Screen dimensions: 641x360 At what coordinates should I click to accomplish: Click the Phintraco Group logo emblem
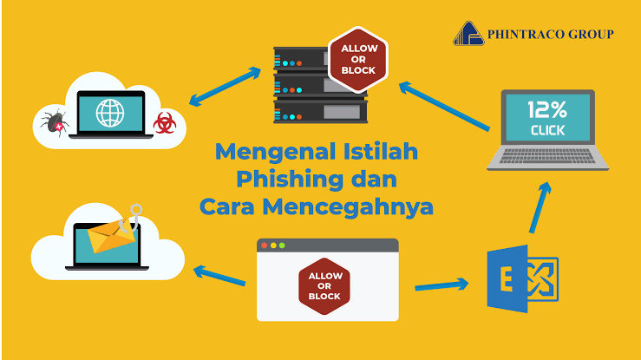click(x=469, y=34)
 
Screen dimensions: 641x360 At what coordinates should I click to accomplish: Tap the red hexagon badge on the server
click(x=358, y=59)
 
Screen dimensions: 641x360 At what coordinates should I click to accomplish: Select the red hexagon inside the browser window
click(x=324, y=286)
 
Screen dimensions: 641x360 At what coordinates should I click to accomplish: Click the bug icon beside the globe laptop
click(x=56, y=122)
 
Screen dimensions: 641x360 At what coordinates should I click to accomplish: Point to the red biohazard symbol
click(x=165, y=123)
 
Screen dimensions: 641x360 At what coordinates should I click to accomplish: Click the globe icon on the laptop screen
click(x=110, y=113)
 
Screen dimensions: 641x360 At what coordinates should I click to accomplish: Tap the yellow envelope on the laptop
click(x=111, y=236)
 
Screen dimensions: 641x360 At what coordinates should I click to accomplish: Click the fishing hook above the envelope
click(x=132, y=219)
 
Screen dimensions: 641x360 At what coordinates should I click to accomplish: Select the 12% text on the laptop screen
click(x=547, y=109)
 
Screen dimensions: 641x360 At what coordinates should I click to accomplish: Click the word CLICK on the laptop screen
click(x=547, y=130)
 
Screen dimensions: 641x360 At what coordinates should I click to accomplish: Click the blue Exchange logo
click(x=523, y=278)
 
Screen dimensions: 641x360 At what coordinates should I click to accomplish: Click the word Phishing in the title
click(x=290, y=180)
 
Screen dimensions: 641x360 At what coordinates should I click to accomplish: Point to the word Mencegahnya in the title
click(x=348, y=206)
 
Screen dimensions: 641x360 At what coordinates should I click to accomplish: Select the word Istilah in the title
click(x=380, y=151)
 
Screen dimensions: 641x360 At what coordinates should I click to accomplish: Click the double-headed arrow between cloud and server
click(x=225, y=86)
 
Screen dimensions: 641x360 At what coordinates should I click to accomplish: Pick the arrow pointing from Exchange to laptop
click(x=540, y=207)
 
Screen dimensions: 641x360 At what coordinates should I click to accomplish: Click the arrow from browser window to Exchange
click(x=442, y=285)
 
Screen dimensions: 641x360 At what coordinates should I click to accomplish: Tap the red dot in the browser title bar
click(x=264, y=245)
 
